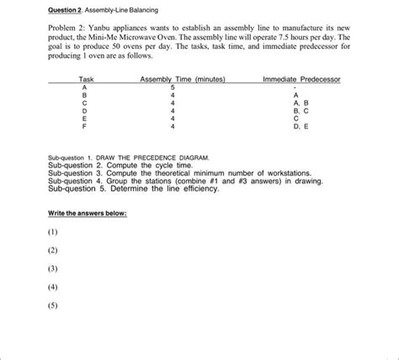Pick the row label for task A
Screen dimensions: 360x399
click(x=82, y=87)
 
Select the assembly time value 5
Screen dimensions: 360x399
click(x=173, y=87)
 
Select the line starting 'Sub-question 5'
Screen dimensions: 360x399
click(x=134, y=188)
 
